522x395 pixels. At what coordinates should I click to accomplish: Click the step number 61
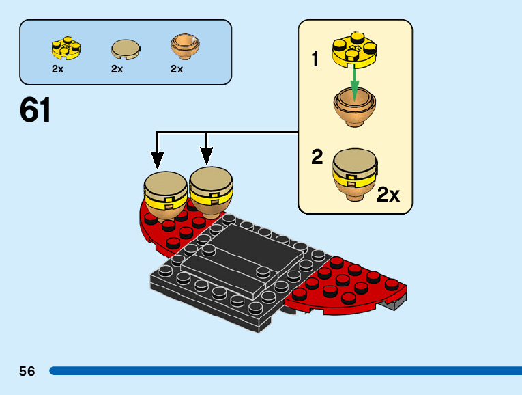pyautogui.click(x=35, y=110)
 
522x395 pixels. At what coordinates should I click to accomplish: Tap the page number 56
pyautogui.click(x=27, y=372)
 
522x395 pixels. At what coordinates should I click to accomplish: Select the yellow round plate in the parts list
pyautogui.click(x=66, y=48)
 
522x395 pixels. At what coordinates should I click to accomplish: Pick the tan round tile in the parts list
pyautogui.click(x=126, y=49)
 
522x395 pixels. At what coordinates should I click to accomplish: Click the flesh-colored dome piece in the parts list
pyautogui.click(x=184, y=46)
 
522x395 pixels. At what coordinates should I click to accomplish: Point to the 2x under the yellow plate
pyautogui.click(x=58, y=69)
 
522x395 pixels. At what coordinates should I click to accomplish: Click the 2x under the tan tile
pyautogui.click(x=117, y=69)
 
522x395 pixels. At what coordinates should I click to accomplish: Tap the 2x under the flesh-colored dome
pyautogui.click(x=177, y=69)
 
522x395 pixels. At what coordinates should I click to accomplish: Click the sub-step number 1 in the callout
pyautogui.click(x=315, y=60)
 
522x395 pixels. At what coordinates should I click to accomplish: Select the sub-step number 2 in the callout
pyautogui.click(x=317, y=158)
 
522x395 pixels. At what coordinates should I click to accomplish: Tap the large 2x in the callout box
pyautogui.click(x=388, y=195)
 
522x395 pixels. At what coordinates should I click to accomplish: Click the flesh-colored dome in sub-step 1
pyautogui.click(x=355, y=110)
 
